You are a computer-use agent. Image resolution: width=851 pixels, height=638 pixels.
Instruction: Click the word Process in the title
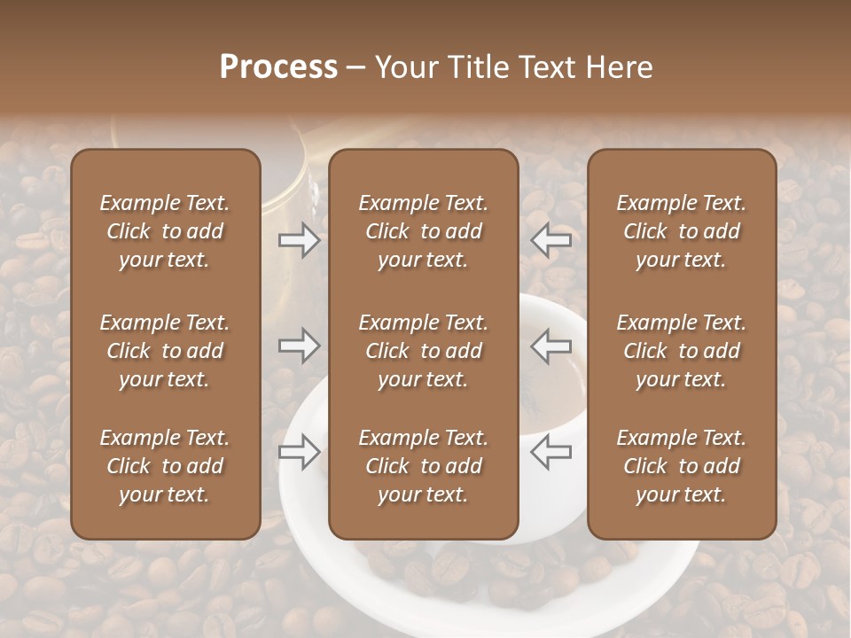coord(278,67)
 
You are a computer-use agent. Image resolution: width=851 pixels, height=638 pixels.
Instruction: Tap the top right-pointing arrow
coord(299,240)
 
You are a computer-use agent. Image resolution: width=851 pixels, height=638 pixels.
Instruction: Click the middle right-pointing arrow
coord(299,346)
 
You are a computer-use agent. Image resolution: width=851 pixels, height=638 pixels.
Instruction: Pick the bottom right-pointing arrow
coord(299,452)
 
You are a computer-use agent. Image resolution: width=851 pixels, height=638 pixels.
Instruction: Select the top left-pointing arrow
coord(551,240)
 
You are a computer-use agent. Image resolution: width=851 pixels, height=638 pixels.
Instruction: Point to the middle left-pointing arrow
coord(551,346)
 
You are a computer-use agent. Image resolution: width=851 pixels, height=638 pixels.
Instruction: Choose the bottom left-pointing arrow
coord(551,452)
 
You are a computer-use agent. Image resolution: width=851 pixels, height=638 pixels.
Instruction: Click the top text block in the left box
coord(165,231)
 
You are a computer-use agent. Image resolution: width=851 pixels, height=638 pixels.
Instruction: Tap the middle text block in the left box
coord(165,351)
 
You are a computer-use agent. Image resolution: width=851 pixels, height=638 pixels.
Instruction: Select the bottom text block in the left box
coord(165,466)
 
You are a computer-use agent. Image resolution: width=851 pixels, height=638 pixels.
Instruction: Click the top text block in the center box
coord(423,231)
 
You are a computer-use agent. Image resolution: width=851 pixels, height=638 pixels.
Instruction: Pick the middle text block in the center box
coord(423,351)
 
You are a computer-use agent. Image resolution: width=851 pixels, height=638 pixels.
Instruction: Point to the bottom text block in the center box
coord(423,466)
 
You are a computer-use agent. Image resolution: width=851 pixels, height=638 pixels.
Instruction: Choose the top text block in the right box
coord(682,231)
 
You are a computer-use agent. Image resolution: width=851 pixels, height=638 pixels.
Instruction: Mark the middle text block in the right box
coord(682,351)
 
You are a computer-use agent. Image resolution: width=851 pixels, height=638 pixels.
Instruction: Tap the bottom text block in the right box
coord(682,466)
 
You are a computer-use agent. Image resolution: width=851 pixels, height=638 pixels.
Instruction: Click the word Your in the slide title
coord(404,67)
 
